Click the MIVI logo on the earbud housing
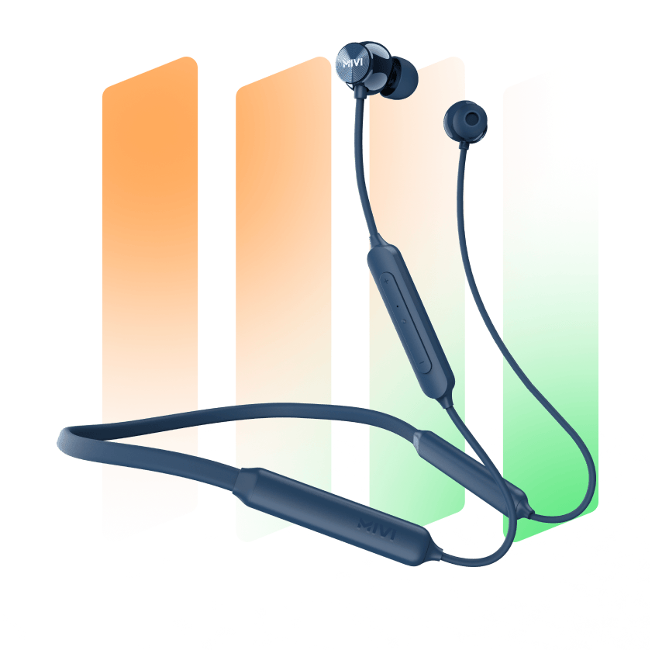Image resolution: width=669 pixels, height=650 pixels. click(x=353, y=63)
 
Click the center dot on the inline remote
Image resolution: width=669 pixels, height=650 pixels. click(x=398, y=306)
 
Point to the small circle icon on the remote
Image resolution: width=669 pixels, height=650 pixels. click(x=403, y=320)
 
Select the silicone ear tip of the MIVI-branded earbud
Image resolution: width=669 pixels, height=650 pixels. click(x=401, y=78)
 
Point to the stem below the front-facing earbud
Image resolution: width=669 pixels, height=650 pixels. click(x=464, y=148)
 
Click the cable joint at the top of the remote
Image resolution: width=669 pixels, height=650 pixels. click(x=379, y=240)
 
